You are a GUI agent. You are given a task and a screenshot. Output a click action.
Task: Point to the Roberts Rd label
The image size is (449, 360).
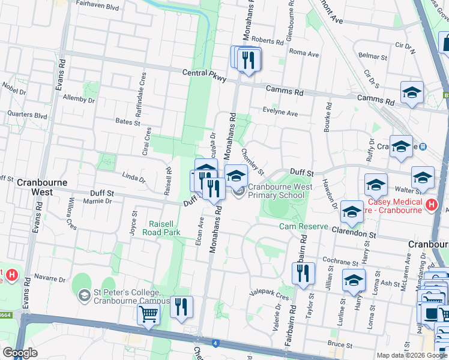(x=268, y=41)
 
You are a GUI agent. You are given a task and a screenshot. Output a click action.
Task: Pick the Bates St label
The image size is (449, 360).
(x=127, y=121)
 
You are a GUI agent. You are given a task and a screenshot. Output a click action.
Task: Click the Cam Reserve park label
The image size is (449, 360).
(x=303, y=227)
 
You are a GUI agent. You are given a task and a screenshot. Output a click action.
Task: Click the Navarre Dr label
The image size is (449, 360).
(x=49, y=279)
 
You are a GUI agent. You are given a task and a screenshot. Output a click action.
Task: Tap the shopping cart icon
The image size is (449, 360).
(x=148, y=313)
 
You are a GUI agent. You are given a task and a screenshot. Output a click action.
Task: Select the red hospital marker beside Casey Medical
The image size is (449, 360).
(x=430, y=205)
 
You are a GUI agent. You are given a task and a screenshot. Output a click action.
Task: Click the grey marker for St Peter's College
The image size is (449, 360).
(x=85, y=293)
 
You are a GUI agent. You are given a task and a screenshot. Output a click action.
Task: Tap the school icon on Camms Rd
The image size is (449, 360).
(x=412, y=92)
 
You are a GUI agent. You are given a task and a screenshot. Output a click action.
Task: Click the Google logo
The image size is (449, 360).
(x=20, y=353)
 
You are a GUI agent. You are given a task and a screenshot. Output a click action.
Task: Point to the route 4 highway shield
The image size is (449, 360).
(x=214, y=344)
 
